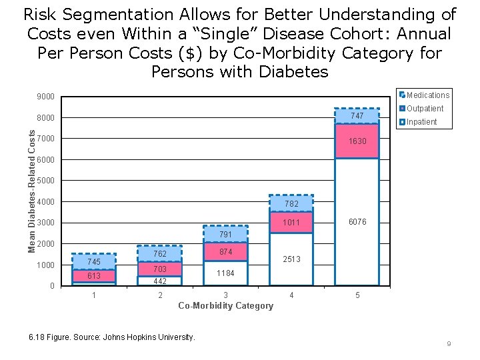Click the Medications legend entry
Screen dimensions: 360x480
pyautogui.click(x=427, y=95)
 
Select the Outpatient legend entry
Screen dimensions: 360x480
pyautogui.click(x=425, y=109)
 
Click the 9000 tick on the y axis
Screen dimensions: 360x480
pyautogui.click(x=46, y=97)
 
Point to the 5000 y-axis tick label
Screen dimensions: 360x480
pyautogui.click(x=46, y=181)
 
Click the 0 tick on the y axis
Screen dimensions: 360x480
pyautogui.click(x=52, y=286)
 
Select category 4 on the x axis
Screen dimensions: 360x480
pyautogui.click(x=291, y=295)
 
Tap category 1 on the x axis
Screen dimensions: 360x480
pyautogui.click(x=94, y=295)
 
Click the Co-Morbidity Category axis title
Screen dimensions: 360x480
pyautogui.click(x=225, y=306)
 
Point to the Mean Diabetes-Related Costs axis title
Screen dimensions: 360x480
pyautogui.click(x=31, y=191)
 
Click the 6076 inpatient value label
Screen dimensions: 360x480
pyautogui.click(x=357, y=222)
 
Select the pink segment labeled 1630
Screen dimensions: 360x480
pyautogui.click(x=357, y=141)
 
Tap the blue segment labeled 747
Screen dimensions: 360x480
pyautogui.click(x=357, y=116)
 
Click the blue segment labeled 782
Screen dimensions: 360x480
pyautogui.click(x=291, y=203)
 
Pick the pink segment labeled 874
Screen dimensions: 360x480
pyautogui.click(x=225, y=251)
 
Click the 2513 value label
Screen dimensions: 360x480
pyautogui.click(x=291, y=259)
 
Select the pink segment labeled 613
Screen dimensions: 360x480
pyautogui.click(x=94, y=276)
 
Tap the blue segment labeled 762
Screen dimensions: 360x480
pyautogui.click(x=160, y=254)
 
